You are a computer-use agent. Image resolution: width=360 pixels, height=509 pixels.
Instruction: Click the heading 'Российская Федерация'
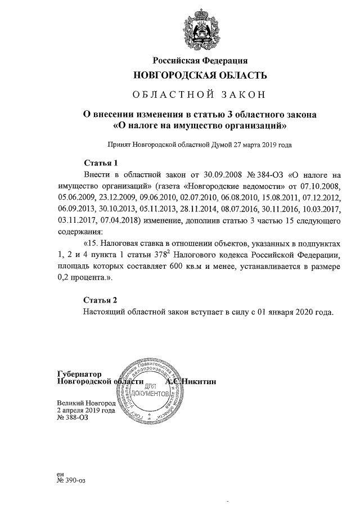pos(200,60)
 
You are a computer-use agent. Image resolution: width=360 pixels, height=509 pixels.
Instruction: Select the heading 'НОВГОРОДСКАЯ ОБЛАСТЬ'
pos(200,75)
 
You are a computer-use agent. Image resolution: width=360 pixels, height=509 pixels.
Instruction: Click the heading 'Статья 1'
pos(100,164)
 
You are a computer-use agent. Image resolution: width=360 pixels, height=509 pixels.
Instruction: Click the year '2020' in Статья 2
pos(306,311)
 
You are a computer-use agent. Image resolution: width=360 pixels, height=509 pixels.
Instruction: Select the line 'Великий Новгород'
pos(85,403)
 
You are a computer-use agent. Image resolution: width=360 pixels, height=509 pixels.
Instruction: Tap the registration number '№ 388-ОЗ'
pos(73,417)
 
